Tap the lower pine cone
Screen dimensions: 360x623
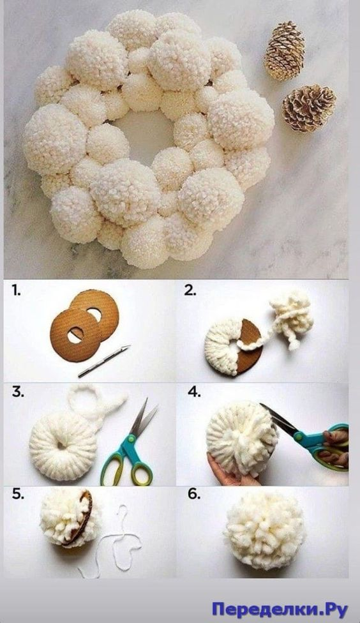[309, 108]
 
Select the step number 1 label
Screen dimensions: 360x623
[16, 291]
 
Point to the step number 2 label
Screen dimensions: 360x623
[190, 290]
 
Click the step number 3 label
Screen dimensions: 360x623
[18, 392]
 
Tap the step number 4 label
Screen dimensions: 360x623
[194, 392]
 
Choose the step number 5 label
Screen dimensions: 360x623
[18, 494]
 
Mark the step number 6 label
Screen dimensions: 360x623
[194, 494]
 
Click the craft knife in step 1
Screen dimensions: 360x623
[104, 361]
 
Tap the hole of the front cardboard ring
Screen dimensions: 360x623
[75, 335]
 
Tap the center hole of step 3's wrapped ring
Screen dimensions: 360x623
[61, 445]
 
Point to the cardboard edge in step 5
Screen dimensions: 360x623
[84, 517]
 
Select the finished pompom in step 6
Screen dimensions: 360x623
[265, 530]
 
